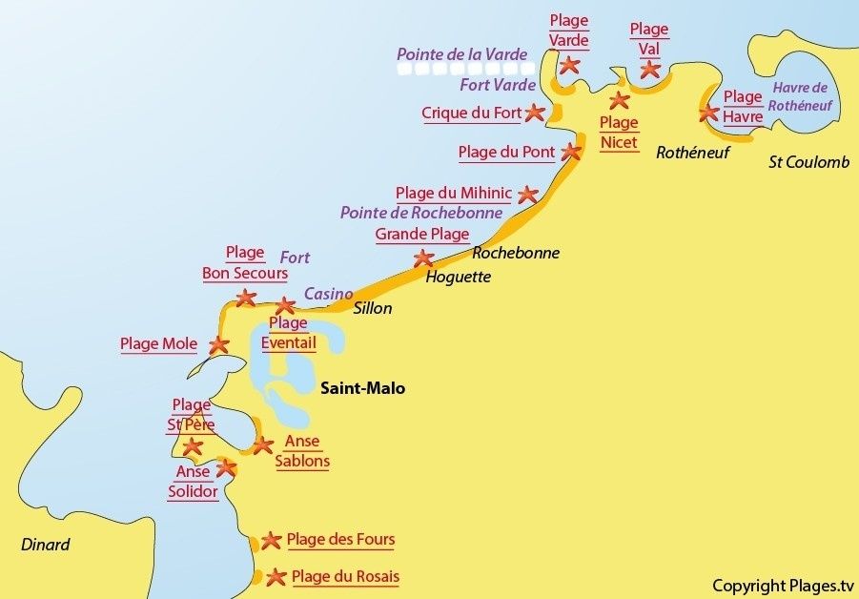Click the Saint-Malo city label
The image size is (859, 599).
point(362,388)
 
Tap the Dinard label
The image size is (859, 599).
point(46,545)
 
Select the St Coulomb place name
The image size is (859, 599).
point(808,162)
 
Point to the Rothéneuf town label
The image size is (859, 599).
point(692,152)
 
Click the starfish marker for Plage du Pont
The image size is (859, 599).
point(571,152)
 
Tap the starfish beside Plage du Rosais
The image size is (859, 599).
point(276,577)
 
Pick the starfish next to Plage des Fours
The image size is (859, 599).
point(271,541)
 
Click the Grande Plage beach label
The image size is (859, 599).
point(421,235)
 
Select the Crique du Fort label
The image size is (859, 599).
point(471,114)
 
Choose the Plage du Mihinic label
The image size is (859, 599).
point(453,193)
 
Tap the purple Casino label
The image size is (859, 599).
point(328,294)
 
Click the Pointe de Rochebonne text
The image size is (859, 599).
point(420,213)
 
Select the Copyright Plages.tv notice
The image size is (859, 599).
point(783,585)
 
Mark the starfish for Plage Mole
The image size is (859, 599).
point(218,345)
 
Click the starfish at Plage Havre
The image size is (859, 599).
point(708,113)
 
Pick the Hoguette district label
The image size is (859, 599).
point(458,277)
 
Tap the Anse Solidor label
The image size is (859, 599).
point(193,482)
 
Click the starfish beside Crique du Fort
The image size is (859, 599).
point(535,113)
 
